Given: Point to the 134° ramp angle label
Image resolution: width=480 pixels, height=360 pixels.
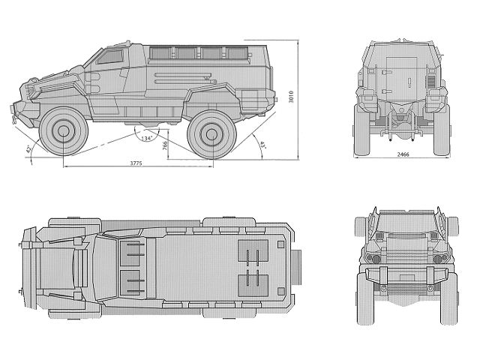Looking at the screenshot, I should click(145, 139).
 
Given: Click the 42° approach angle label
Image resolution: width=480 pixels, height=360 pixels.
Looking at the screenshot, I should click(30, 151).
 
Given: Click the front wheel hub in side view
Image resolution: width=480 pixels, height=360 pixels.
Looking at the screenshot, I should click(64, 133).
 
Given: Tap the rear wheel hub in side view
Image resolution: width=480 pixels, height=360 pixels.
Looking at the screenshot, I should click(208, 133).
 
